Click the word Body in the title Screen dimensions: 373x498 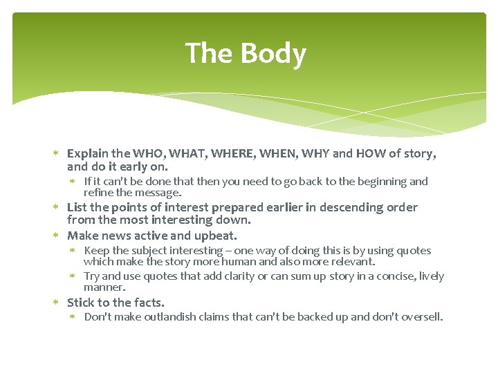tap(275, 54)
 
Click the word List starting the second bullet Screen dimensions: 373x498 tap(77, 207)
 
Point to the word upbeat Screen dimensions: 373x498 tap(215, 236)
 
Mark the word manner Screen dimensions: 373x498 tap(104, 287)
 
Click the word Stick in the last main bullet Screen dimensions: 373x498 tap(81, 303)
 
